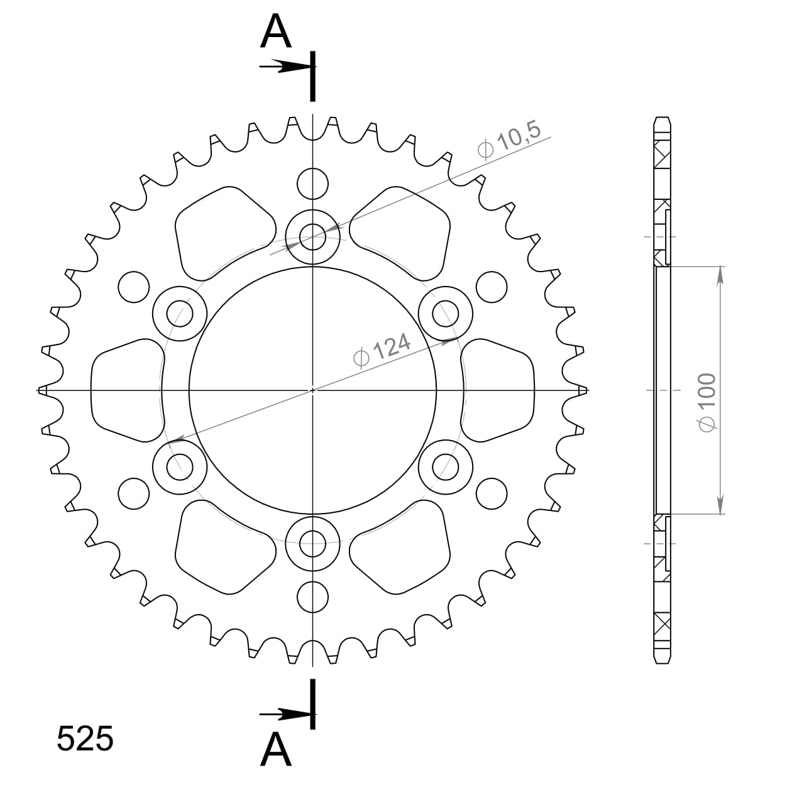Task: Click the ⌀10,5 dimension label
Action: (509, 141)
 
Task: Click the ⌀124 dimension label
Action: (382, 349)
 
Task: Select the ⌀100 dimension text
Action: (707, 402)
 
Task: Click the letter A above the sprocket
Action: (276, 30)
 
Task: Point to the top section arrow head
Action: (294, 66)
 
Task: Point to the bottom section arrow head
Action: (294, 715)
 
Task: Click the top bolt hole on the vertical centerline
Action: (313, 237)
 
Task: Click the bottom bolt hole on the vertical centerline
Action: (313, 543)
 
